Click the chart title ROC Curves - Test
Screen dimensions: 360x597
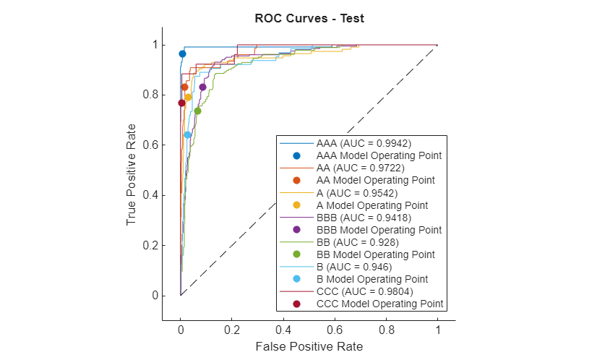(x=309, y=19)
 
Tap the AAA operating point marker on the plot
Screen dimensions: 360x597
(x=182, y=54)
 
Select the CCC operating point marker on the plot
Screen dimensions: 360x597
(x=181, y=103)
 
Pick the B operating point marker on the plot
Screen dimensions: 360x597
(x=187, y=134)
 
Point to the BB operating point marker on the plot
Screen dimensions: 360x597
(x=197, y=111)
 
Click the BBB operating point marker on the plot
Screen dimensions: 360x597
(x=202, y=87)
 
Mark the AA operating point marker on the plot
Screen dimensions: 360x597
(x=184, y=87)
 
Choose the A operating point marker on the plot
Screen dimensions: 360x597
(x=188, y=97)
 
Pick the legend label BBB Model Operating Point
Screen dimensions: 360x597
(x=379, y=230)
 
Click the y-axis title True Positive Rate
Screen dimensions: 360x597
(x=132, y=174)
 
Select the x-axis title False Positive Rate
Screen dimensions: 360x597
(x=309, y=346)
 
